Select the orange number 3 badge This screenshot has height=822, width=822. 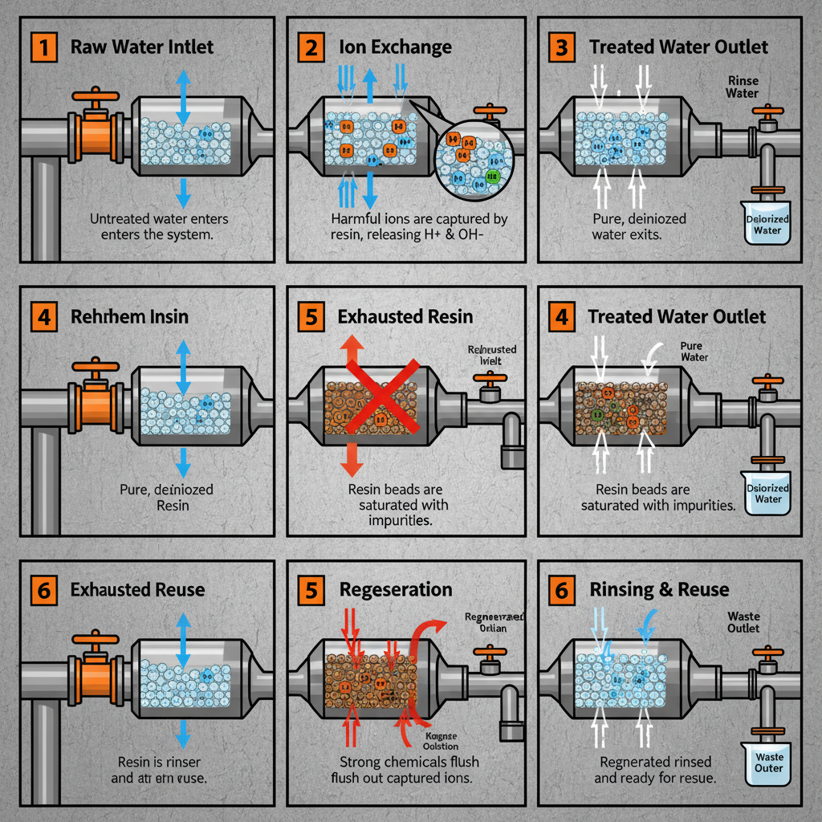(561, 47)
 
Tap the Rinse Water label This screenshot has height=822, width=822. (742, 87)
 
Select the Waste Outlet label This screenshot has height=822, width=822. (743, 622)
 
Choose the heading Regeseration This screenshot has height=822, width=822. (396, 589)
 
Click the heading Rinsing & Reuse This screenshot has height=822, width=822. (659, 590)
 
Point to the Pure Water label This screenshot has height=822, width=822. (694, 351)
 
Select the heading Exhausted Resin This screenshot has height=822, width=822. (405, 316)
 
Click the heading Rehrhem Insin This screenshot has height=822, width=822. (130, 316)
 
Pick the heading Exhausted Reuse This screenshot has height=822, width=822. (137, 590)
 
